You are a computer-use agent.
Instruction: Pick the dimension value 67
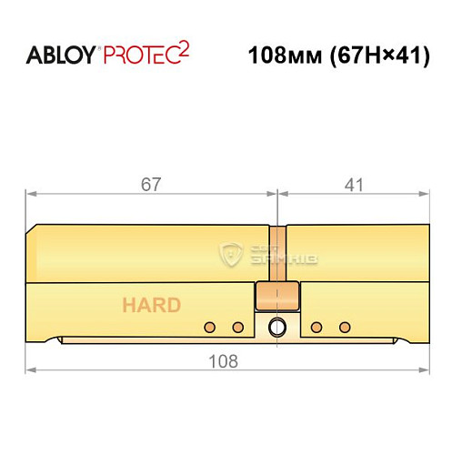151,185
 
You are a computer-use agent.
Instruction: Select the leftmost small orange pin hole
210,327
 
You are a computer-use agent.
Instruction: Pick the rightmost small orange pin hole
344,327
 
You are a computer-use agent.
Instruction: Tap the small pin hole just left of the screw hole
237,327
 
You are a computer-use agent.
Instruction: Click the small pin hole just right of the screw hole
316,327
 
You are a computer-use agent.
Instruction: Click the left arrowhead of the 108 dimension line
29,371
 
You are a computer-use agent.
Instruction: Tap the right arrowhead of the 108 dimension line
425,371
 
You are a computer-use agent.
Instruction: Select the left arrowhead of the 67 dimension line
29,194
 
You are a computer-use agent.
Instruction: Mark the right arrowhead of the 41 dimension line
425,194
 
